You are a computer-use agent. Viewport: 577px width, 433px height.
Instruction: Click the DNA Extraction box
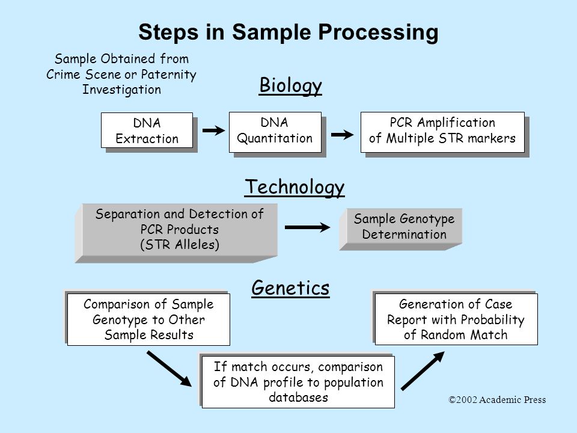coord(147,131)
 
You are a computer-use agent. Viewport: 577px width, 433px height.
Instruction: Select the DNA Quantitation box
coord(275,132)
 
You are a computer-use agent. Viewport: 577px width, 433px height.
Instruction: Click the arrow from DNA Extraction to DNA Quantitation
coord(213,131)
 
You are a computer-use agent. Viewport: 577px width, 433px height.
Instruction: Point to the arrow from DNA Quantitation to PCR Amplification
coord(342,135)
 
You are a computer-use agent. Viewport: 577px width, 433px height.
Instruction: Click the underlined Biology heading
coord(290,86)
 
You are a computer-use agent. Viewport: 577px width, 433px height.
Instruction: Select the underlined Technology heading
coord(295,188)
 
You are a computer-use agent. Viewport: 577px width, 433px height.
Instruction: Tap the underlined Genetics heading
coord(290,288)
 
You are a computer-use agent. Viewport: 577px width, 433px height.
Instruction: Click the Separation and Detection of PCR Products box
coord(176,233)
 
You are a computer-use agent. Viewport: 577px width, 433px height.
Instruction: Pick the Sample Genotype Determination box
coord(400,229)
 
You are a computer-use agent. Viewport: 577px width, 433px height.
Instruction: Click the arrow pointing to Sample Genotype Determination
coord(307,227)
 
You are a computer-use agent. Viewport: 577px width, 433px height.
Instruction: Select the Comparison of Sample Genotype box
coord(148,319)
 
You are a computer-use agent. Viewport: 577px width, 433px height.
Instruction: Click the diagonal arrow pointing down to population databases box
coord(169,369)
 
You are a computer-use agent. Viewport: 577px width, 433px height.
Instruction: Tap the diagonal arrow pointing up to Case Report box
coord(423,371)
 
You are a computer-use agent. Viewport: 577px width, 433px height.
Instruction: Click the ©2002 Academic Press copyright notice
coord(497,400)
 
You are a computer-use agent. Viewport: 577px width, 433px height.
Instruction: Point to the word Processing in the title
coord(378,32)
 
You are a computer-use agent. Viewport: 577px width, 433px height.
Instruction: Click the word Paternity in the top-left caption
coord(168,75)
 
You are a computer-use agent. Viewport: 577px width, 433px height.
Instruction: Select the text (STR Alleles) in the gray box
coord(180,245)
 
